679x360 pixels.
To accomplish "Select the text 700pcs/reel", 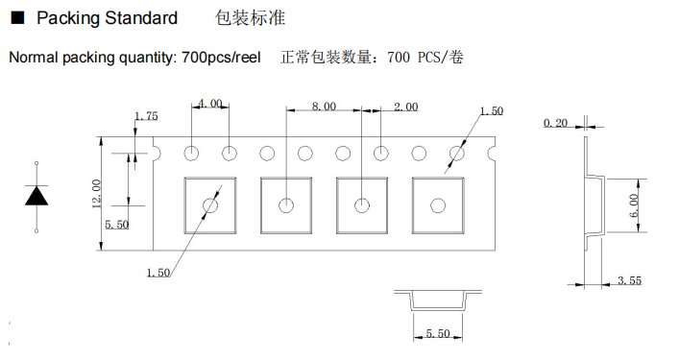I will coord(221,58).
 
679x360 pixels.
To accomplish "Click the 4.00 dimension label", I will coord(210,103).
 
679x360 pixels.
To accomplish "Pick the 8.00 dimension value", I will coord(324,108).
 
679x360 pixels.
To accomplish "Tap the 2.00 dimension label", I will coord(405,108).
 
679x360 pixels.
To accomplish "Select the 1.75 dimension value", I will coord(146,116).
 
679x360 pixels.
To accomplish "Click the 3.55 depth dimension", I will coord(629,279).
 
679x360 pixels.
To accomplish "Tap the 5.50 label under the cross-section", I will coord(437,333).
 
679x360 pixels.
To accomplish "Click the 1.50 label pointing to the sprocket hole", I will coord(490,111).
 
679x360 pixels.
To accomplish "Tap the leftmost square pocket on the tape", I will coord(209,204).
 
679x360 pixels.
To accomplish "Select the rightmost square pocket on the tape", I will coord(438,204).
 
